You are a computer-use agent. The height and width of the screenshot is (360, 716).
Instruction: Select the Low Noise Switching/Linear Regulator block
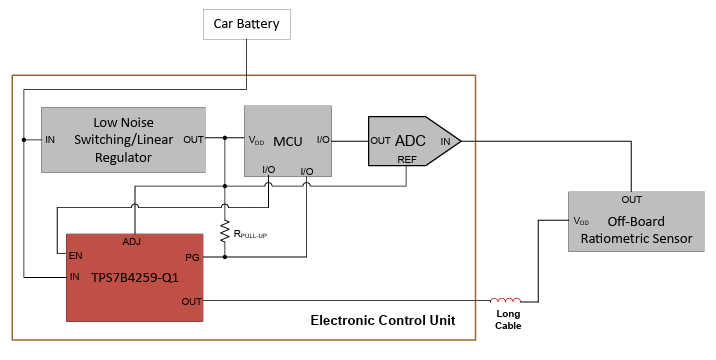pyautogui.click(x=123, y=140)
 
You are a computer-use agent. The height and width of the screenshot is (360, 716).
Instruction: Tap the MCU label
pyautogui.click(x=288, y=140)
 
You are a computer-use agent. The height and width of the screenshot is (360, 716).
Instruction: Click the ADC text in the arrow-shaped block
pyautogui.click(x=411, y=141)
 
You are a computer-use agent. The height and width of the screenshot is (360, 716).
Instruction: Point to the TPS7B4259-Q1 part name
pyautogui.click(x=134, y=277)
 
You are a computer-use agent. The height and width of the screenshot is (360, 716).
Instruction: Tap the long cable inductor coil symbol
pyautogui.click(x=506, y=300)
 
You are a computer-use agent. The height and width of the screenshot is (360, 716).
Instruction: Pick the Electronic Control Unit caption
pyautogui.click(x=383, y=320)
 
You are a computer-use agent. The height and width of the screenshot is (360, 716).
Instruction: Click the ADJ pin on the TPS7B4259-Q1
pyautogui.click(x=132, y=242)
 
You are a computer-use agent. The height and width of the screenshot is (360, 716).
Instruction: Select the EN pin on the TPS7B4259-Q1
pyautogui.click(x=76, y=256)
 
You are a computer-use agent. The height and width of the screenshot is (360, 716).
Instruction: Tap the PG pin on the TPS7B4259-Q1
pyautogui.click(x=192, y=257)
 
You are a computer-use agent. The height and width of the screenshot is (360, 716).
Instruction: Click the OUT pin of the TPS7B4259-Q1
pyautogui.click(x=190, y=300)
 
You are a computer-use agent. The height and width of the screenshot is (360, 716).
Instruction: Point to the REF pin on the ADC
pyautogui.click(x=406, y=157)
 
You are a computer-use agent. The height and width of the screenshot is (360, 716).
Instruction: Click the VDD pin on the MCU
pyautogui.click(x=257, y=140)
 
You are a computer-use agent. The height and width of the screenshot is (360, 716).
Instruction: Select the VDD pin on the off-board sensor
pyautogui.click(x=581, y=220)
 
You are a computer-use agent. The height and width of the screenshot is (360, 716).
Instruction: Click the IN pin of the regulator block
pyautogui.click(x=50, y=139)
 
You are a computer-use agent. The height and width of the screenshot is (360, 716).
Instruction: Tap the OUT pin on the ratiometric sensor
pyautogui.click(x=631, y=199)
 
